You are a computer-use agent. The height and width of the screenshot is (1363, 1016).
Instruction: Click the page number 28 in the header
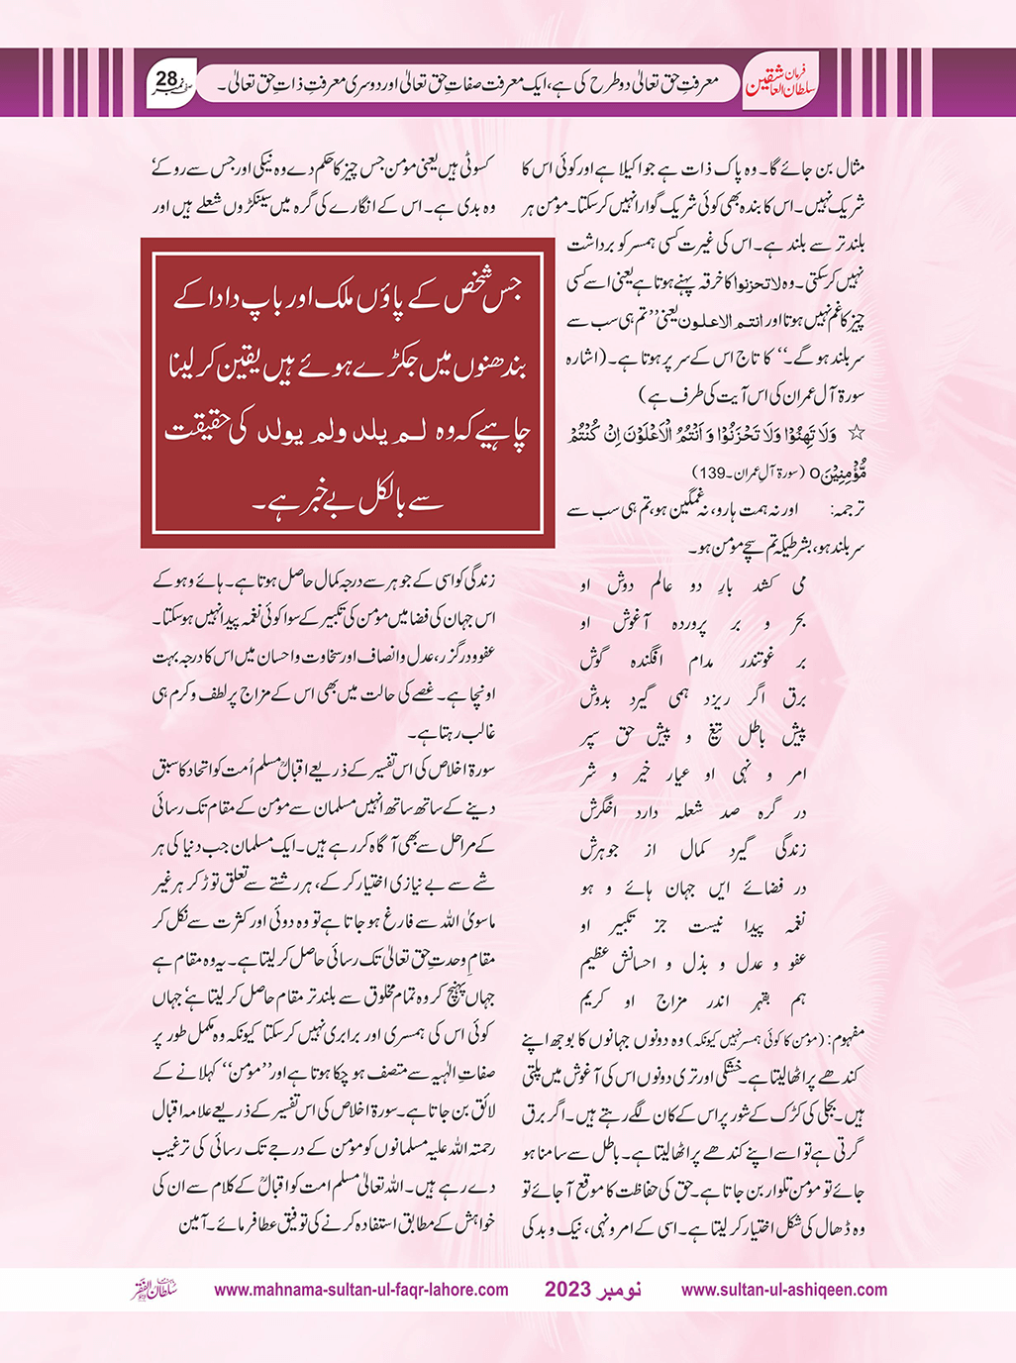pos(166,78)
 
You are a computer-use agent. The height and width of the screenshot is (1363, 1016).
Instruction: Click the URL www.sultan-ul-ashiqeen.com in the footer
pos(784,1290)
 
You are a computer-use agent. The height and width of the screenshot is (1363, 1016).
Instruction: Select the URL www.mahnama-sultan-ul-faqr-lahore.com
pos(361,1290)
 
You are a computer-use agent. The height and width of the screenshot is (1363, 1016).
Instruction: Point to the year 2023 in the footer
pos(568,1290)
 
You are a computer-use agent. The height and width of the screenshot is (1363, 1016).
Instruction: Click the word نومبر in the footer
pos(621,1290)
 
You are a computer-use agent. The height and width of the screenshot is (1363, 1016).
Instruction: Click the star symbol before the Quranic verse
pos(858,433)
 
